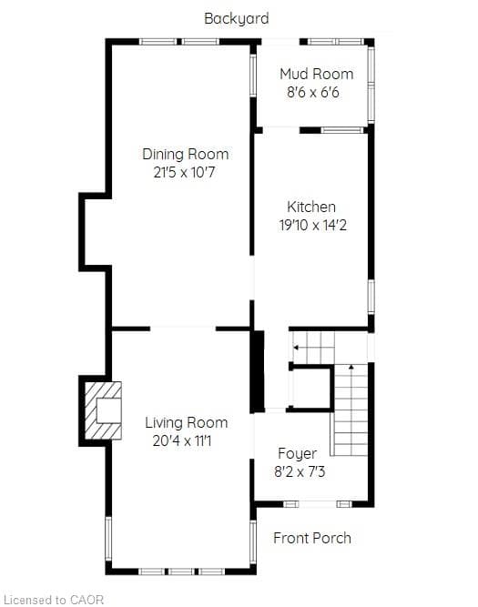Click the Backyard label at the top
click(x=237, y=18)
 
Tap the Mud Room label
click(x=317, y=74)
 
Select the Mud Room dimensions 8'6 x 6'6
click(x=313, y=93)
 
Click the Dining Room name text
click(x=185, y=154)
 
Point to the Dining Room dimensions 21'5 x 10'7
click(x=184, y=172)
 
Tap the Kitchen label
click(x=311, y=207)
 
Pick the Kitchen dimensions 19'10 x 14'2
click(x=313, y=225)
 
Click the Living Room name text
click(x=186, y=422)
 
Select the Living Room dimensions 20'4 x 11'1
click(x=182, y=441)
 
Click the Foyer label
click(x=297, y=454)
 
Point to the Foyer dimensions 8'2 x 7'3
click(x=300, y=472)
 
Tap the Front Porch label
click(x=312, y=538)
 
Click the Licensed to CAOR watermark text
click(x=54, y=600)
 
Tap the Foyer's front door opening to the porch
click(x=318, y=504)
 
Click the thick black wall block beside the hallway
click(x=257, y=371)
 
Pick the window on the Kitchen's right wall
click(x=371, y=297)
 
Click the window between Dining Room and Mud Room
click(x=253, y=76)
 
